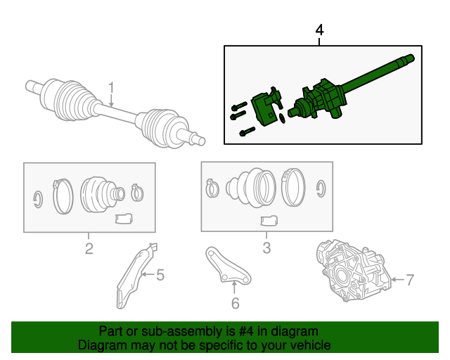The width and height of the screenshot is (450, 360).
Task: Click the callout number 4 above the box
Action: [319, 30]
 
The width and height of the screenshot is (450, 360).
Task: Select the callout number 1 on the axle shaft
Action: [111, 87]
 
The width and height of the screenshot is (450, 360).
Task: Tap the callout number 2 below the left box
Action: [89, 249]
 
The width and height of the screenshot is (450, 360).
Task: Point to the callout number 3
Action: [266, 247]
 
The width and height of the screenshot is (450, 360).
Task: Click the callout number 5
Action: [160, 275]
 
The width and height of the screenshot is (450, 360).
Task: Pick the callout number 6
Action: [236, 303]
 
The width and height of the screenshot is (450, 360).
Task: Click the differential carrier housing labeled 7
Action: [353, 271]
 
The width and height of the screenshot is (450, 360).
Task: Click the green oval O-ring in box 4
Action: [282, 118]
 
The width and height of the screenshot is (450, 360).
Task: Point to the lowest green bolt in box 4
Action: [247, 131]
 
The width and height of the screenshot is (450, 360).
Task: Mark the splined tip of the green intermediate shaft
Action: [408, 59]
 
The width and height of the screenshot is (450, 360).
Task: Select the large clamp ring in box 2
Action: [63, 196]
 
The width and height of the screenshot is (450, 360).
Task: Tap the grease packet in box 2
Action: [124, 219]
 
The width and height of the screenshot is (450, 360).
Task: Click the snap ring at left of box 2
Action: [38, 199]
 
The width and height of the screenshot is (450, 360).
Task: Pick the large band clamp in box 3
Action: [293, 188]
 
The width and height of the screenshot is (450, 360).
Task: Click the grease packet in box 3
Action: [269, 221]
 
